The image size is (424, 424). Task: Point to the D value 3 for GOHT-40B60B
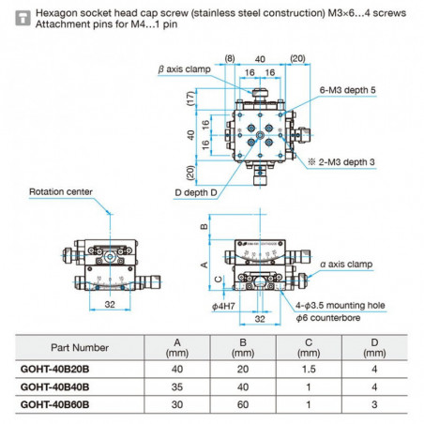(375, 404)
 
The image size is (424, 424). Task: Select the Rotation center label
(61, 191)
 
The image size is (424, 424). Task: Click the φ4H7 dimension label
(222, 306)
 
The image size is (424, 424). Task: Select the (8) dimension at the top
(231, 58)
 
